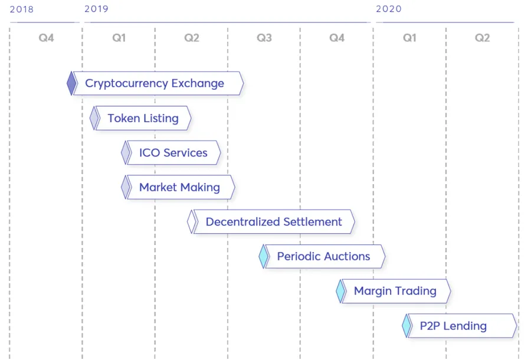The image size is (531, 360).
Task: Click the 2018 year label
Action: (22, 9)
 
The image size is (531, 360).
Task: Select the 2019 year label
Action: (97, 9)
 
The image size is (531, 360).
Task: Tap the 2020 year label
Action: (389, 9)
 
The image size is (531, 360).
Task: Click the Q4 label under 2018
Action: (46, 38)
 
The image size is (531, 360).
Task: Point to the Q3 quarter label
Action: (264, 38)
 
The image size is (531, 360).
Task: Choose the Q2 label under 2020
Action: (482, 38)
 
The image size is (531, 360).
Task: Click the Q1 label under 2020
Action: (409, 38)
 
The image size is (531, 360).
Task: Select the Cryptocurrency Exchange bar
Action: (158, 83)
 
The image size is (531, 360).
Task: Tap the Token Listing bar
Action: (143, 118)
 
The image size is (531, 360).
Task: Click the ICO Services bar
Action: (173, 153)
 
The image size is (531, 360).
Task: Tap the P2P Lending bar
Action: (463, 326)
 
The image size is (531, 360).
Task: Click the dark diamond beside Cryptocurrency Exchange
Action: (71, 83)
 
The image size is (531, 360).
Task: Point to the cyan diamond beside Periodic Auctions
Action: (264, 256)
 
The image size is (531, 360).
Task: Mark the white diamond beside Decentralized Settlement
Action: (192, 222)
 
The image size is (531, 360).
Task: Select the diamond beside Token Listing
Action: (94, 118)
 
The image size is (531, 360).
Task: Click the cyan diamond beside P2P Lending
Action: (407, 326)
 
